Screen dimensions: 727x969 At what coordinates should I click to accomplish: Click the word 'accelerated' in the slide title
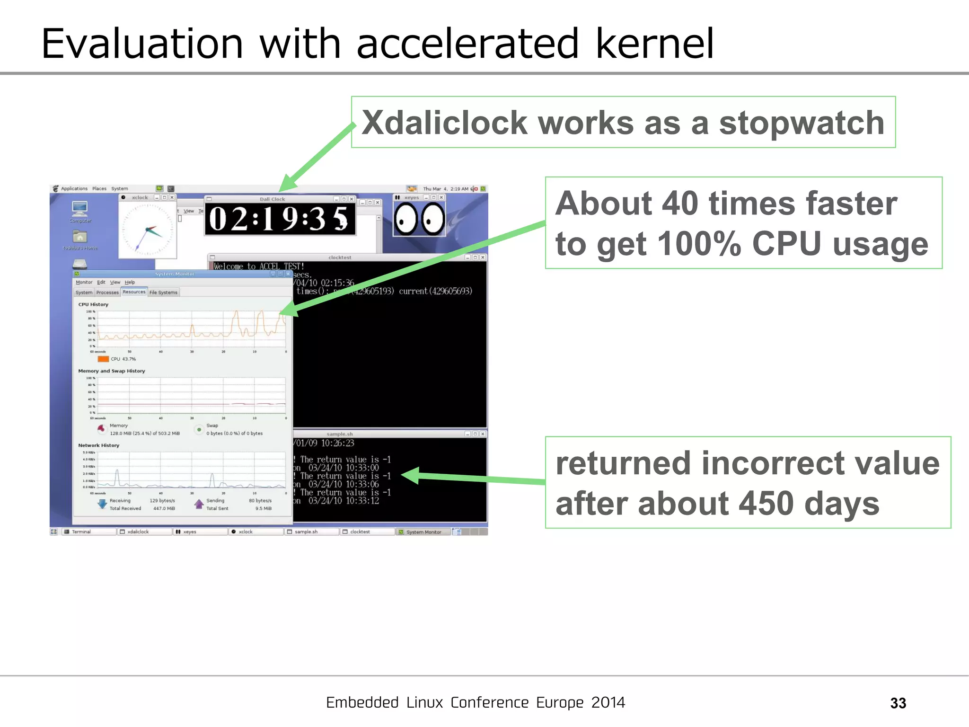(467, 44)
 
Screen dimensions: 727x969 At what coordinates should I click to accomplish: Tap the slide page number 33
(898, 703)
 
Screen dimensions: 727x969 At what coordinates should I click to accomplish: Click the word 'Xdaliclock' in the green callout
(444, 123)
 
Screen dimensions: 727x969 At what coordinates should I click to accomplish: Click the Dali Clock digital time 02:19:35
(279, 219)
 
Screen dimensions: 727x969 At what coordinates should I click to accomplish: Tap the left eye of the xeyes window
(405, 219)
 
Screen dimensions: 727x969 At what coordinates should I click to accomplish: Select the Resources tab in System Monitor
(134, 292)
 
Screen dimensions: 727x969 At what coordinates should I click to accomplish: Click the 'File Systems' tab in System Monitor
(163, 293)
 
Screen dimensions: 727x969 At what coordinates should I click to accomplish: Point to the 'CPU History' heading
(93, 304)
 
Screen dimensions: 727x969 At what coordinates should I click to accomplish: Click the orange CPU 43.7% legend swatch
(103, 359)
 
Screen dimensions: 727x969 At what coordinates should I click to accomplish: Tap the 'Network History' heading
(98, 445)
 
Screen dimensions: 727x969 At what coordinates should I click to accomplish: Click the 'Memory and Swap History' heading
(111, 371)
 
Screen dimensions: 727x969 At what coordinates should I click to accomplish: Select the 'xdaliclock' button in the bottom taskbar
(138, 532)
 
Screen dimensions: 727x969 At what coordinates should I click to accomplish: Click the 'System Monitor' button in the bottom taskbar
(423, 532)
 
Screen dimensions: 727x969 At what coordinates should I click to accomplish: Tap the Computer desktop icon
(80, 209)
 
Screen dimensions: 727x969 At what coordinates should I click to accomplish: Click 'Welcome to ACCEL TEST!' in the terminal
(258, 266)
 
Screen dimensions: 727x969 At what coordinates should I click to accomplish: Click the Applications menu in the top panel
(74, 188)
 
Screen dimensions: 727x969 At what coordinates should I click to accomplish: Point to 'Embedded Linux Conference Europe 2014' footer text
(475, 702)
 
